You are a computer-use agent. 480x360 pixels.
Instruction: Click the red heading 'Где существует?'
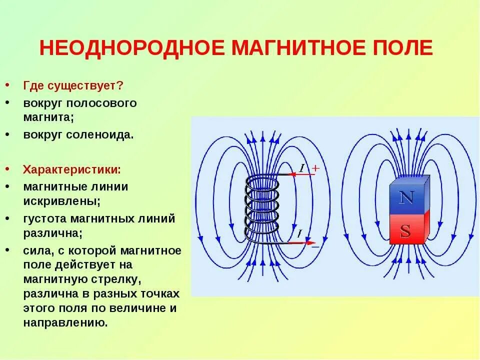pyautogui.click(x=73, y=85)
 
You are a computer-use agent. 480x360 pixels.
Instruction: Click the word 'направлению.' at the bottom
pyautogui.click(x=65, y=322)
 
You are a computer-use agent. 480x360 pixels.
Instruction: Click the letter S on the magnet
pyautogui.click(x=405, y=231)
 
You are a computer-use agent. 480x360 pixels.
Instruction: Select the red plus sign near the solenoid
pyautogui.click(x=315, y=169)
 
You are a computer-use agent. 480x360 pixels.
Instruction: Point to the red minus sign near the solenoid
pyautogui.click(x=315, y=246)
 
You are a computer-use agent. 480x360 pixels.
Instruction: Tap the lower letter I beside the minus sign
pyautogui.click(x=299, y=233)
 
